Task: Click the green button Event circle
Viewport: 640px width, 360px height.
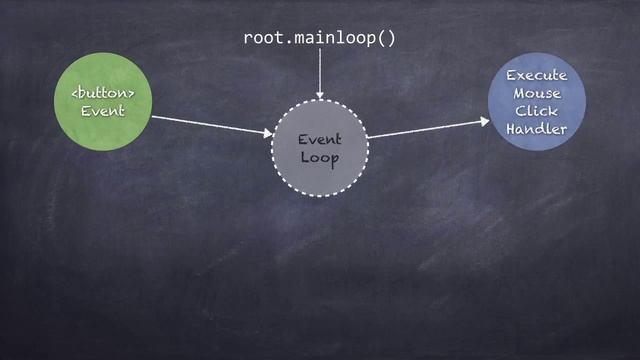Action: pyautogui.click(x=102, y=102)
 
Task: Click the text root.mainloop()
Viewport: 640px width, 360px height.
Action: pyautogui.click(x=320, y=38)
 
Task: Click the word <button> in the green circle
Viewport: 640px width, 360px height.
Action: pyautogui.click(x=102, y=93)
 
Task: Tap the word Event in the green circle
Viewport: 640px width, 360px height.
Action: pyautogui.click(x=102, y=111)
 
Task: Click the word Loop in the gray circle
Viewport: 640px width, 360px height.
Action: pyautogui.click(x=319, y=159)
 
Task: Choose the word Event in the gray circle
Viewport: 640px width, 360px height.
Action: pyautogui.click(x=319, y=140)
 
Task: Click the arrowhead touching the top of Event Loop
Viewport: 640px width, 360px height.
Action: pyautogui.click(x=320, y=94)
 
